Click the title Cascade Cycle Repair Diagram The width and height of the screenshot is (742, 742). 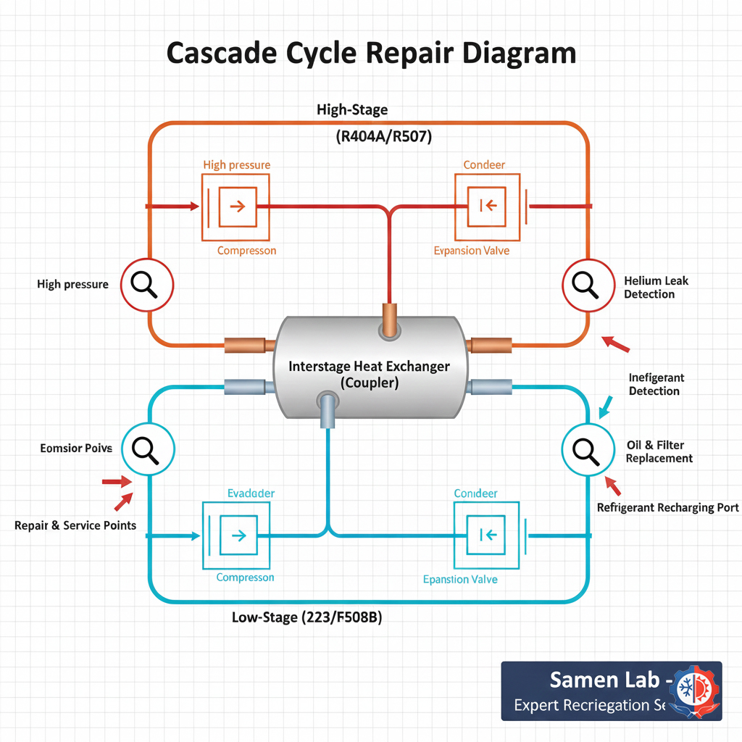tap(371, 54)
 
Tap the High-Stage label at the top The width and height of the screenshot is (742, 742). tap(352, 110)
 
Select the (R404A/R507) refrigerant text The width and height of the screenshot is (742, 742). tap(384, 137)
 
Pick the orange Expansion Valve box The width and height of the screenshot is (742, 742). tap(487, 207)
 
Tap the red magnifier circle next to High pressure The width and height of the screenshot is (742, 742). tap(147, 285)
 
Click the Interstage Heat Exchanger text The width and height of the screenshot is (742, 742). tap(369, 366)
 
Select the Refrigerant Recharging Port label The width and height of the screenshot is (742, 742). tap(667, 507)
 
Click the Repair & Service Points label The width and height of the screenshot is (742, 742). tap(75, 525)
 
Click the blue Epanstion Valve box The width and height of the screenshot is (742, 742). tap(487, 536)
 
